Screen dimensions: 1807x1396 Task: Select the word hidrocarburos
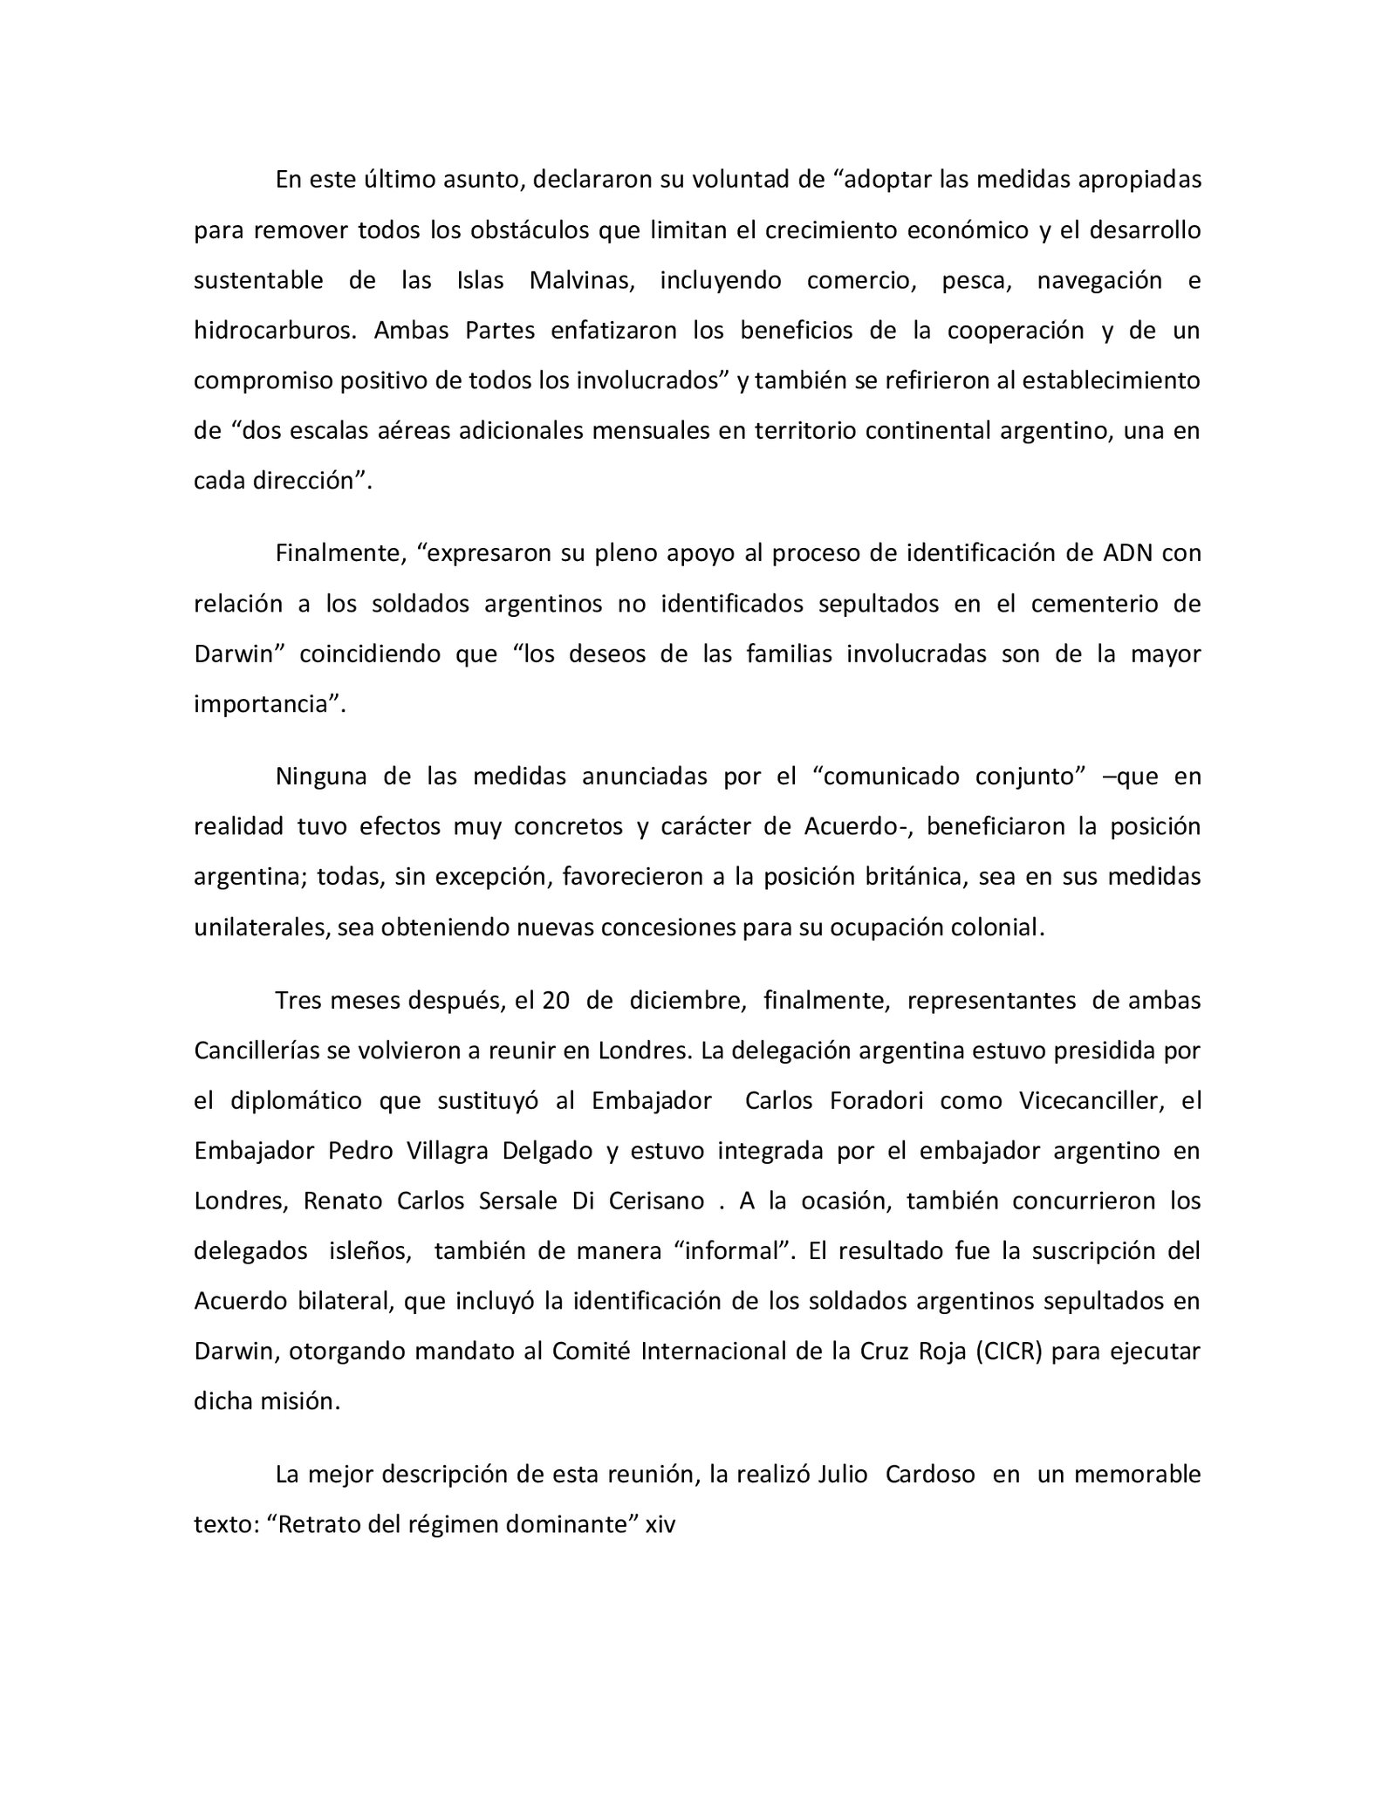tap(270, 332)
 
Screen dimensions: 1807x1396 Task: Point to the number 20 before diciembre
tap(555, 1001)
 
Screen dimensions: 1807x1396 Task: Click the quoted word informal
tap(732, 1251)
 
